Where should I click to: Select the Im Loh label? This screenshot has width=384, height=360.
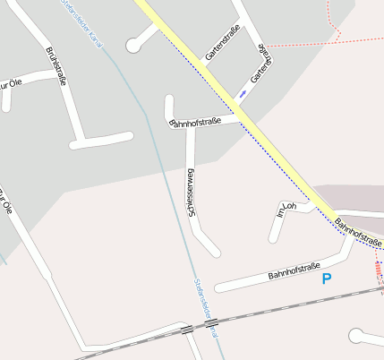coord(287,209)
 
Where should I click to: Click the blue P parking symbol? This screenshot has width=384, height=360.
coord(327,279)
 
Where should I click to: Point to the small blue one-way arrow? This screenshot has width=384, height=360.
coord(243,93)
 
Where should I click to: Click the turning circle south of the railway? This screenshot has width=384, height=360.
coord(357,337)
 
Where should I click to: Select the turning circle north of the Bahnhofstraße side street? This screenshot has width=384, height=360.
coord(133,43)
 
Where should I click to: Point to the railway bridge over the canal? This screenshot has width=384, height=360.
coord(212,327)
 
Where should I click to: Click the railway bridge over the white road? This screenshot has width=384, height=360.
coord(186,330)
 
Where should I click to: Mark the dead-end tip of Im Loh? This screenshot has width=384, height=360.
coord(273,239)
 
